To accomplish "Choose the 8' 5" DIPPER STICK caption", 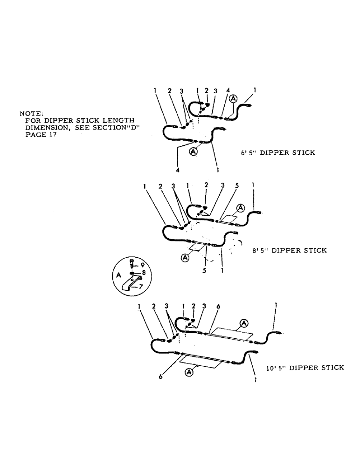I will pos(289,250).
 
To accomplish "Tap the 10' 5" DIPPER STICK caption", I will pos(305,367).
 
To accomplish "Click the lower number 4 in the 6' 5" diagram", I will pos(178,170).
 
